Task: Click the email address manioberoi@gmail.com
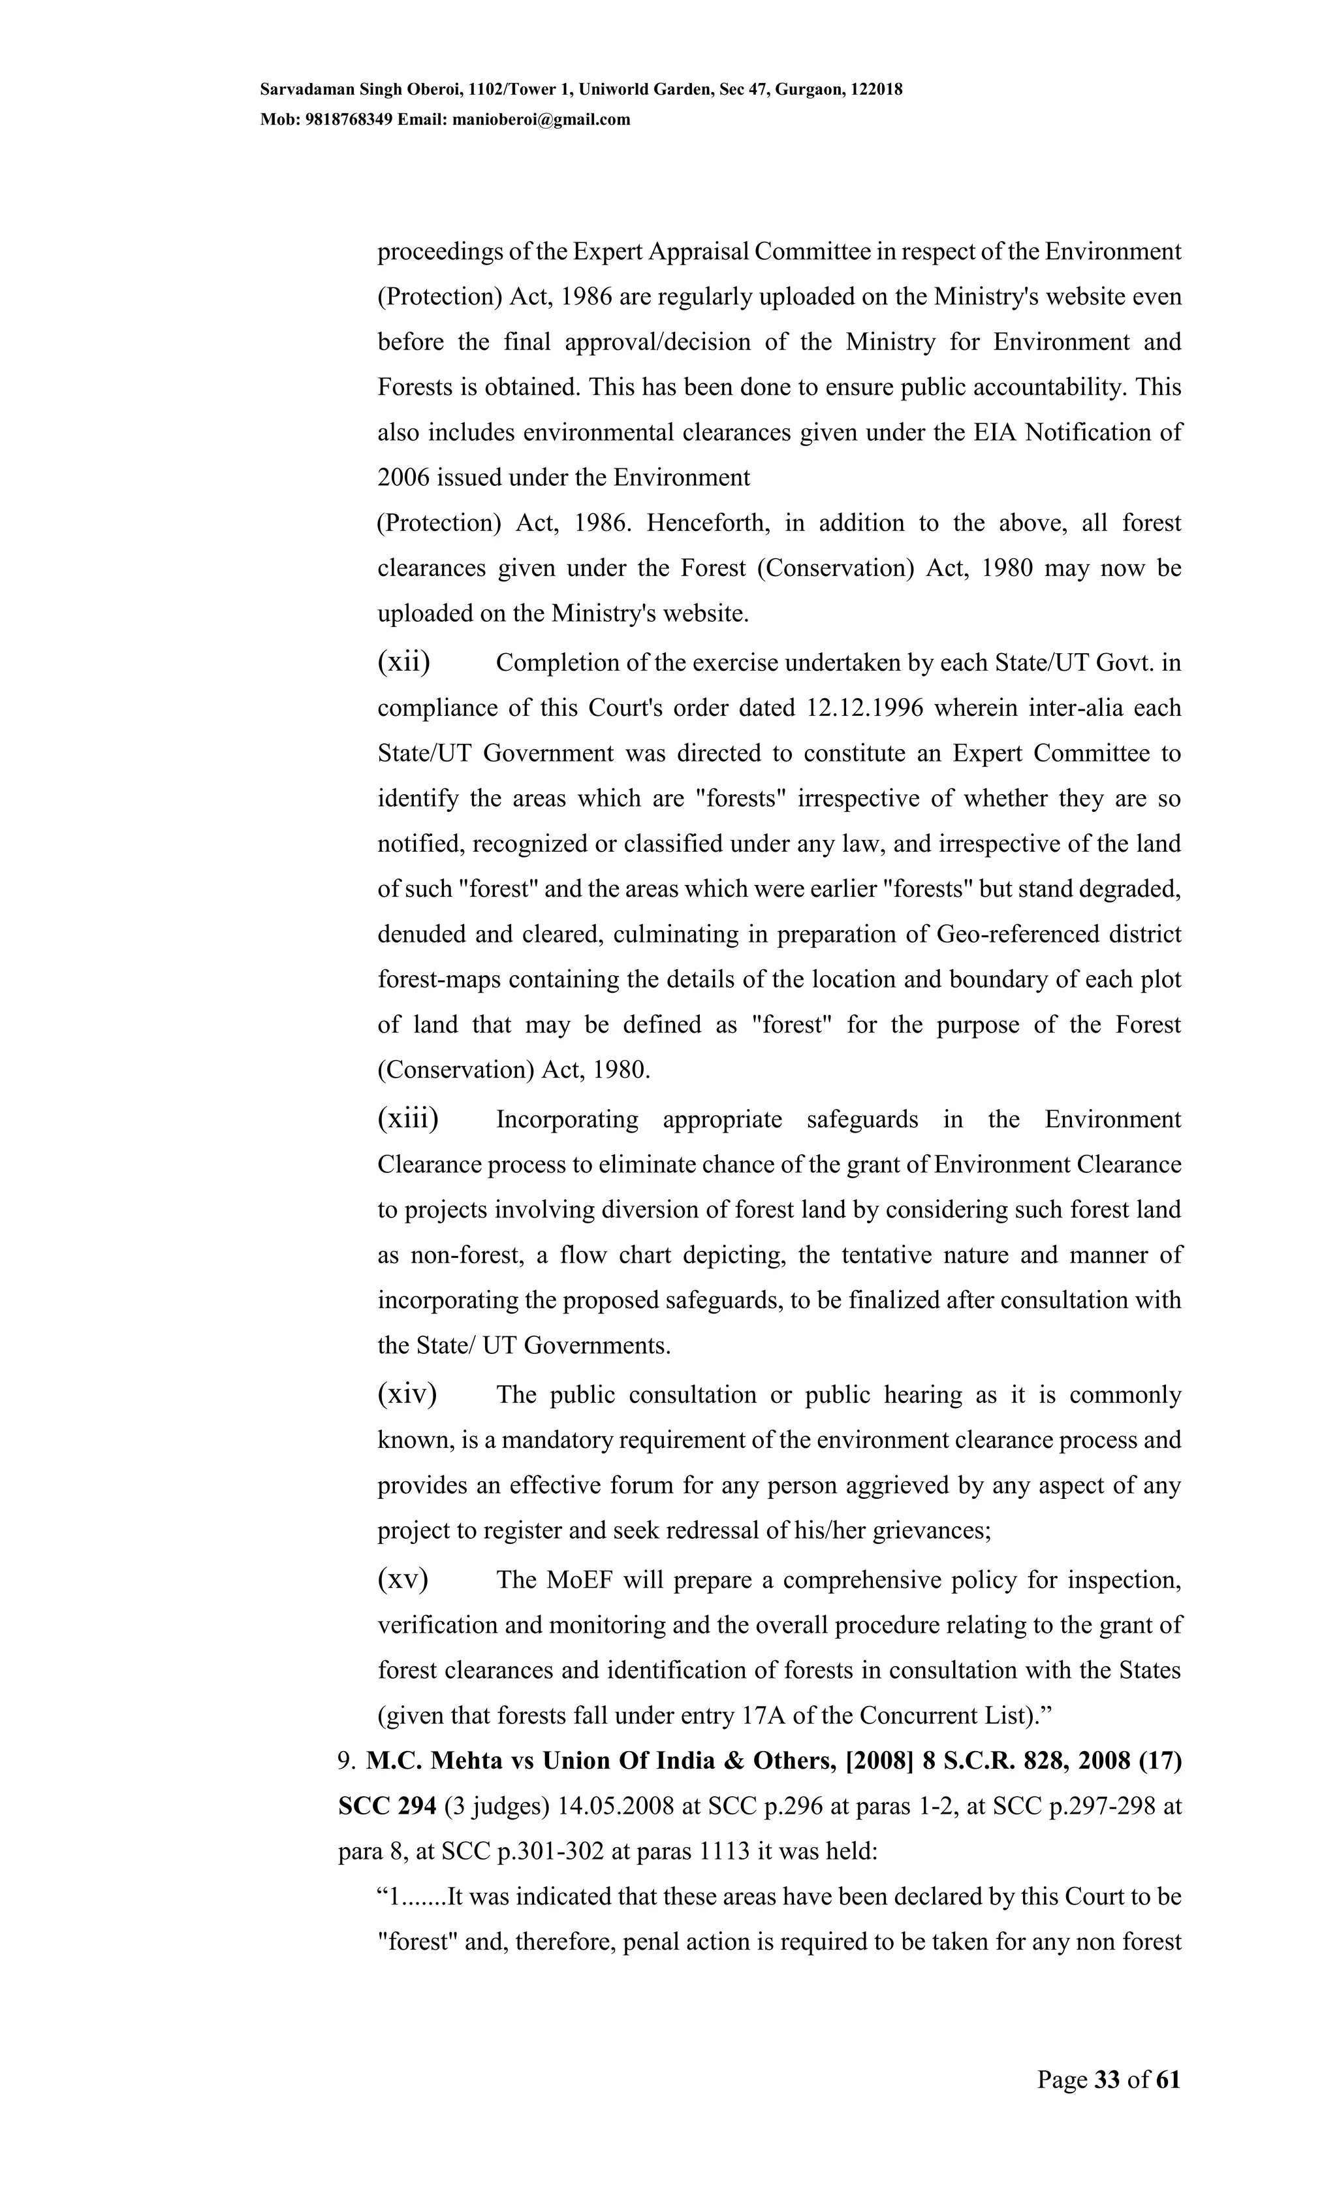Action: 542,120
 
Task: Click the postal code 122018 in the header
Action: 877,89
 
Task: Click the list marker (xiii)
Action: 407,1119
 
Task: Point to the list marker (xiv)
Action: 407,1394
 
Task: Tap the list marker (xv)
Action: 402,1579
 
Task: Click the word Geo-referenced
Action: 1016,935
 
